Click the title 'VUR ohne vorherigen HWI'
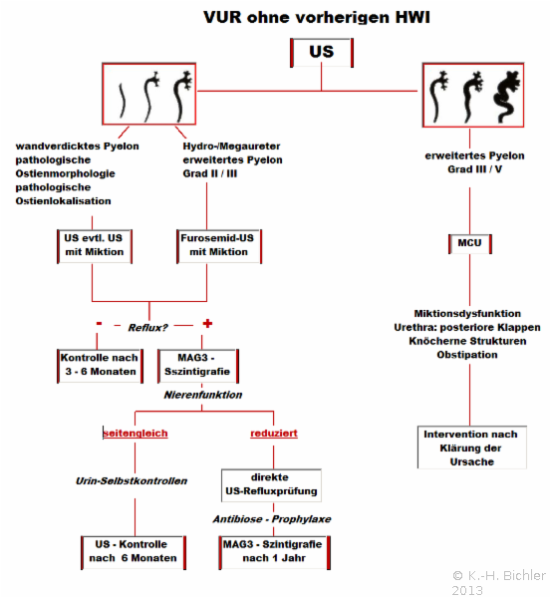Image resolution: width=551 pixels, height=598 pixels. click(317, 17)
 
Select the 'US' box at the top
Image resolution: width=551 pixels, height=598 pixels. click(322, 52)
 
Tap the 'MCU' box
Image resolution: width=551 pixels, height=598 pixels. click(469, 243)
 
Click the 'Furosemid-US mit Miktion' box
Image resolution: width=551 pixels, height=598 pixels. click(219, 245)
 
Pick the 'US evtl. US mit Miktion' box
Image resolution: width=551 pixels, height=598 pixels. click(95, 245)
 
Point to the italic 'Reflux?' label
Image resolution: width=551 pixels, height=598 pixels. click(147, 328)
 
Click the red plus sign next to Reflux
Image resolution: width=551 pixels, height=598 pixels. click(207, 324)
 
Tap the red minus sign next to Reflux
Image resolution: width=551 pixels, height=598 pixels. click(100, 323)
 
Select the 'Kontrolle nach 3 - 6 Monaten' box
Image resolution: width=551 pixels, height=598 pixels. click(100, 366)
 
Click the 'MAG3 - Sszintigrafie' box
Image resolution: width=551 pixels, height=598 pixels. click(198, 366)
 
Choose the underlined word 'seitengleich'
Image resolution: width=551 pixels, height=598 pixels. click(136, 434)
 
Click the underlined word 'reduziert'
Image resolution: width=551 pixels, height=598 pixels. click(274, 434)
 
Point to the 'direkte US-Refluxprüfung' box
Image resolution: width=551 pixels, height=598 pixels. click(271, 485)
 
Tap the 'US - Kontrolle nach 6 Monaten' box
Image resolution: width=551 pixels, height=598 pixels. click(134, 552)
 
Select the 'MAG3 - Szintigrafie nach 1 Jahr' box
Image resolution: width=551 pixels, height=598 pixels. click(274, 552)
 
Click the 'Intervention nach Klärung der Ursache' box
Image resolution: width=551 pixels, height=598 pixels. click(471, 448)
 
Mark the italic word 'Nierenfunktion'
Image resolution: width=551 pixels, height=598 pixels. click(203, 395)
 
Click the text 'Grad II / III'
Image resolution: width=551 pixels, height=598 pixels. click(210, 173)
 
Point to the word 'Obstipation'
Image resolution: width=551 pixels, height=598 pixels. click(467, 355)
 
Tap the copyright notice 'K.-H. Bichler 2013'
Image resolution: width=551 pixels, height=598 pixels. click(499, 582)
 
